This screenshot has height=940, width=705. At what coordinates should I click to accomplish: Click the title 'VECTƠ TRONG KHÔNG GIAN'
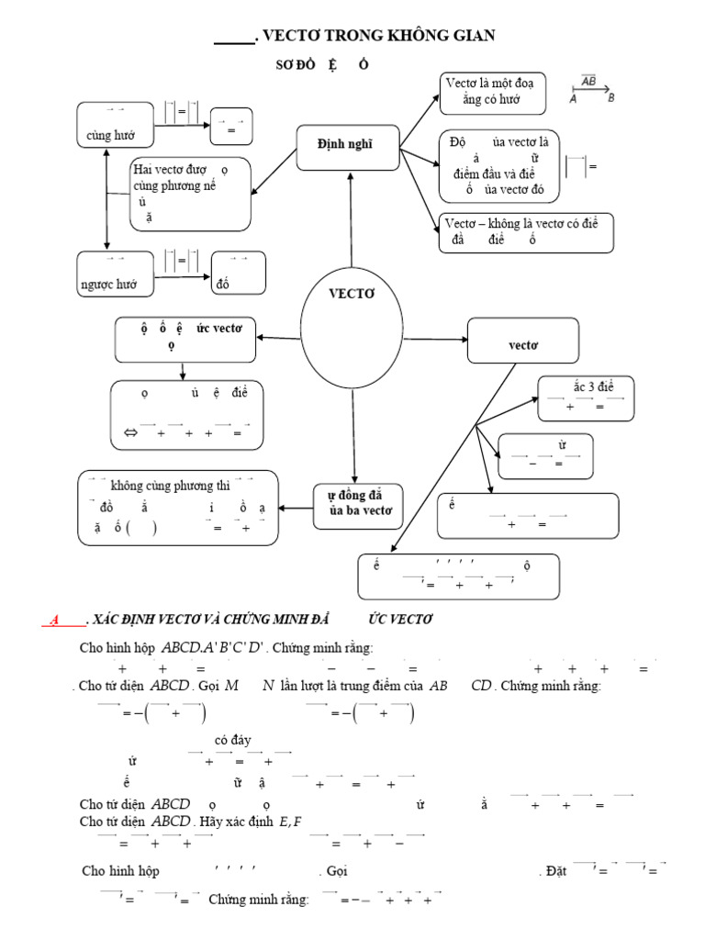pos(378,36)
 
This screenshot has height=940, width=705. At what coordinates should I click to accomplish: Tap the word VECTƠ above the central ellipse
pos(352,294)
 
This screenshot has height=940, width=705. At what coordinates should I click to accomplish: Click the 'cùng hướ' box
pos(114,125)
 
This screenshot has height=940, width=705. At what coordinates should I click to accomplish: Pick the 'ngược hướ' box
pos(114,274)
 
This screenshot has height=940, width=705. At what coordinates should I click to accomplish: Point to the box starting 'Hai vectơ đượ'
pos(190,193)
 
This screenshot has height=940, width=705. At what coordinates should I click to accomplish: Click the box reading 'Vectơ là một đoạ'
pos(494,92)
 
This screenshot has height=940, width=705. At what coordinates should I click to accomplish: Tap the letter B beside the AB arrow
pos(611,99)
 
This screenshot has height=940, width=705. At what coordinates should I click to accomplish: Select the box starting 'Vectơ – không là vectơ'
pos(527,232)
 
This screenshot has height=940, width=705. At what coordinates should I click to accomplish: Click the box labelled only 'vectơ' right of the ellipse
pos(523,341)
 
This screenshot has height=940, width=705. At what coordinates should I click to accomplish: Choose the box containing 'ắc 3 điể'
pos(586,397)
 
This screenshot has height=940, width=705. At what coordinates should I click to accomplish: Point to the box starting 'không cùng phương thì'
pos(179,507)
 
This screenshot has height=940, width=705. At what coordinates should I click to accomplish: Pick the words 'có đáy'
pos(233,740)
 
